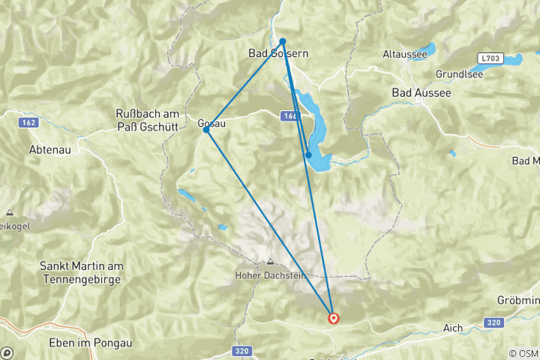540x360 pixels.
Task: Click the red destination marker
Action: [x=333, y=318]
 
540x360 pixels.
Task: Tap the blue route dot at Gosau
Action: [x=206, y=130]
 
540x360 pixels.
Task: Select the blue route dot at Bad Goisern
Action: [x=283, y=41]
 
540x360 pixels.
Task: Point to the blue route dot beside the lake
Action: [x=308, y=155]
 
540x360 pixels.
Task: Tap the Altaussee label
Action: [x=404, y=55]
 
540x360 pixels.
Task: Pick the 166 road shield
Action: [x=291, y=116]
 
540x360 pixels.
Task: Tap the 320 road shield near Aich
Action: [x=492, y=322]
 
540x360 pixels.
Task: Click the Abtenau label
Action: [x=49, y=149]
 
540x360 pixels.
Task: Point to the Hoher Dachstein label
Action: [x=270, y=275]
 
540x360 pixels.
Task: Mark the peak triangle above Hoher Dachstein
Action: [x=270, y=262]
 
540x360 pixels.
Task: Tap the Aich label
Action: [x=453, y=328]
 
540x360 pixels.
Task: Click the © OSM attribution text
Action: [x=523, y=352]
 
